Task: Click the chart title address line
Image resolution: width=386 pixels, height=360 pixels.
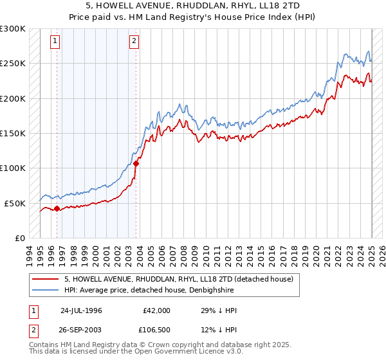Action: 193,6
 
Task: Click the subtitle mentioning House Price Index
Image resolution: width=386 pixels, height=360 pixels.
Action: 193,17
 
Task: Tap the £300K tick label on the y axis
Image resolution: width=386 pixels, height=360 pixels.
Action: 13,29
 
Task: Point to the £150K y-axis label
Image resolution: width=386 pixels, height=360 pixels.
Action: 13,134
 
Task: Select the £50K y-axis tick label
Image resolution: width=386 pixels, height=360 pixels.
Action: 15,203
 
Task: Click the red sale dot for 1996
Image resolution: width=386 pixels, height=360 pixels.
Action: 57,208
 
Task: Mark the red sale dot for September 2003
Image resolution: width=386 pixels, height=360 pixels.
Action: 136,163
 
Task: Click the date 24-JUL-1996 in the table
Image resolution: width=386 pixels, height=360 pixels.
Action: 82,310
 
